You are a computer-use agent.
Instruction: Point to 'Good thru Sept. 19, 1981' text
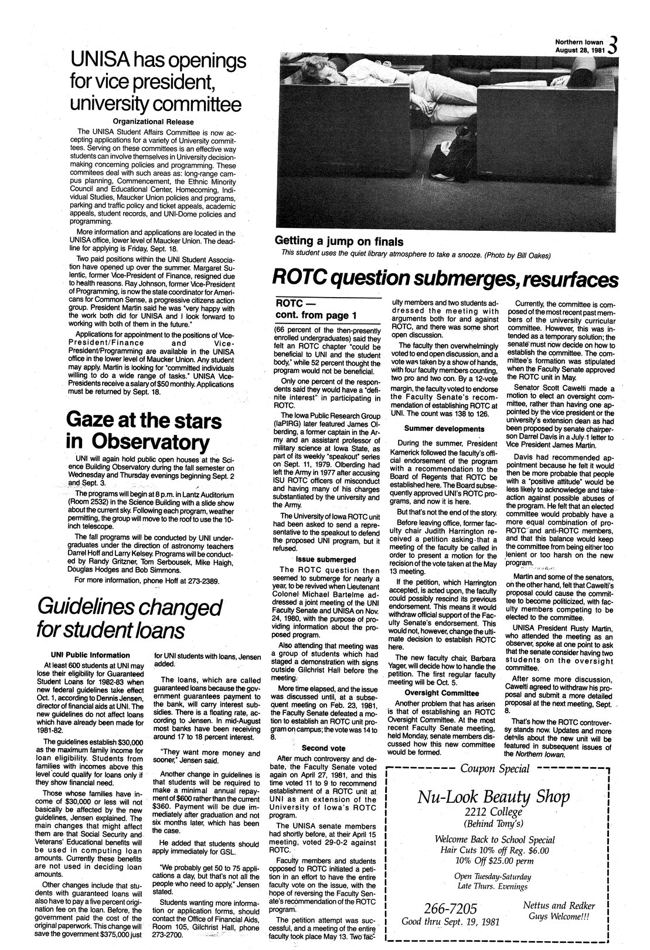tap(450, 922)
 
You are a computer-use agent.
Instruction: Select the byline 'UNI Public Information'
tap(90, 655)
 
